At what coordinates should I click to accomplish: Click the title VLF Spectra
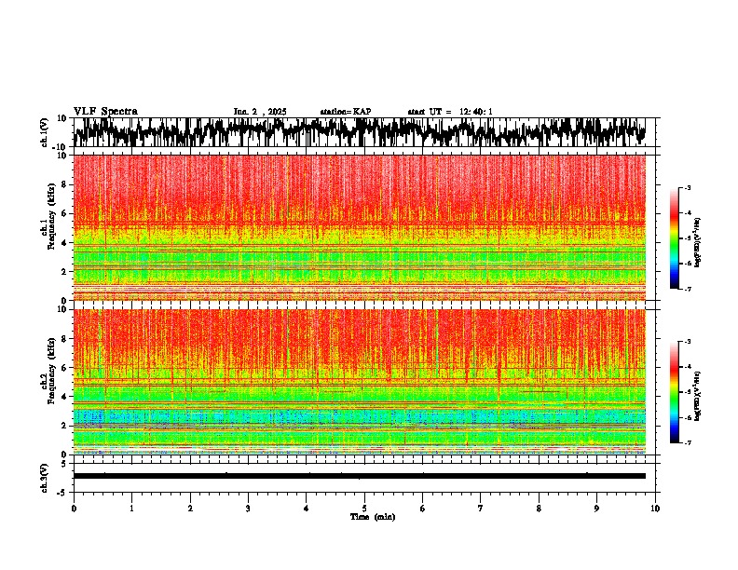tap(105, 111)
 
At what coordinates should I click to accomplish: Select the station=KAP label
tap(345, 112)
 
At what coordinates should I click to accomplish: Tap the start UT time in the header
tap(450, 112)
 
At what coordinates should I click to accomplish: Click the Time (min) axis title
tap(372, 516)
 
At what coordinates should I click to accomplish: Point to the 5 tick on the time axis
tap(364, 508)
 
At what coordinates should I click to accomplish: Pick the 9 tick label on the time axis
tap(597, 508)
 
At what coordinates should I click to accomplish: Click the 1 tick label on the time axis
tap(131, 508)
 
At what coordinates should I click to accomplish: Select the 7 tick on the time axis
tap(481, 508)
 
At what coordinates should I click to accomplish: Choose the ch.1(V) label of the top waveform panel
tap(46, 132)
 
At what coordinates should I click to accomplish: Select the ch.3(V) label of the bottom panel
tap(46, 476)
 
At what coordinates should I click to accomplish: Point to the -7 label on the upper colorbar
tap(689, 289)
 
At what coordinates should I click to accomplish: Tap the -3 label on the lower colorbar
tap(689, 342)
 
